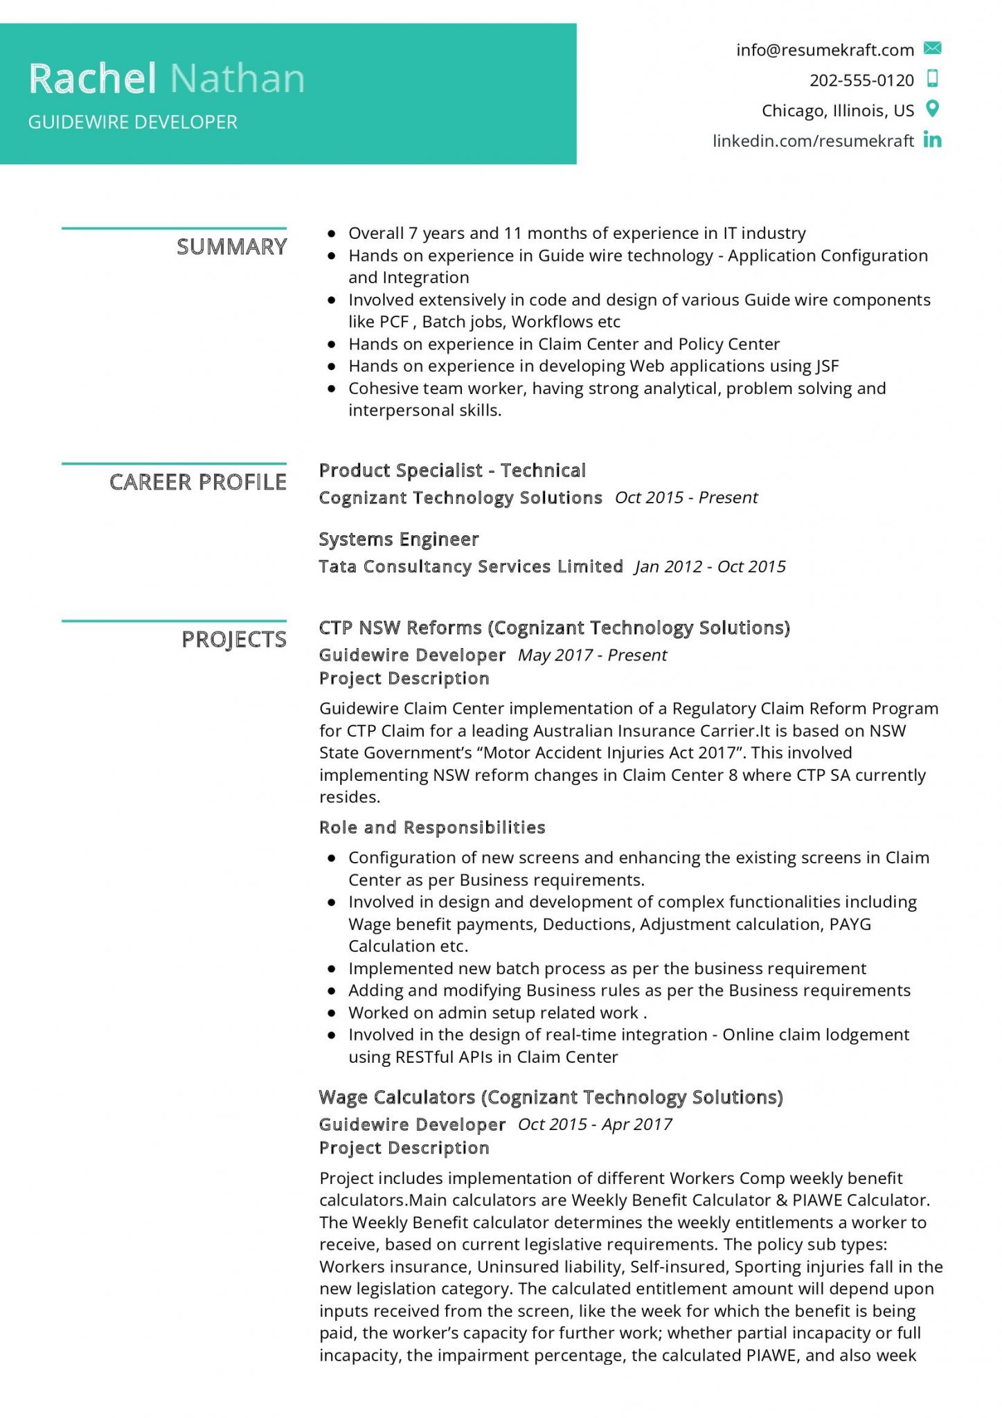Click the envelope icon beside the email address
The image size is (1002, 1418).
pyautogui.click(x=932, y=48)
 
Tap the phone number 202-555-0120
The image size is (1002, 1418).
pyautogui.click(x=861, y=80)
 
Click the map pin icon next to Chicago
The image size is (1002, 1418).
pyautogui.click(x=933, y=109)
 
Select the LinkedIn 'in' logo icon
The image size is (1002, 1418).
pyautogui.click(x=932, y=140)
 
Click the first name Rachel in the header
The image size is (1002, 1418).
pyautogui.click(x=92, y=78)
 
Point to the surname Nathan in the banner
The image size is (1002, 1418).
pyautogui.click(x=237, y=78)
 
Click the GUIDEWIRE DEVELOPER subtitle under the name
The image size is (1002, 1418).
pyautogui.click(x=132, y=122)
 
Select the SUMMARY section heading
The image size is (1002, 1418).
pyautogui.click(x=231, y=246)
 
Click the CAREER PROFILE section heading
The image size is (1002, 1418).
pyautogui.click(x=197, y=482)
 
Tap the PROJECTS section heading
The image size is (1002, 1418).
pyautogui.click(x=233, y=639)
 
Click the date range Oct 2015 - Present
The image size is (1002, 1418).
pyautogui.click(x=686, y=497)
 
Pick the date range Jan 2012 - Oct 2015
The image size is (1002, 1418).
pyautogui.click(x=710, y=566)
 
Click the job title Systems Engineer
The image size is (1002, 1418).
pyautogui.click(x=398, y=539)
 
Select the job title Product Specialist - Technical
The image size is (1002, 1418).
pyautogui.click(x=451, y=470)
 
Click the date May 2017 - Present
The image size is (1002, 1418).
pyautogui.click(x=592, y=655)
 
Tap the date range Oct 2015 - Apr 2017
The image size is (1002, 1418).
pyautogui.click(x=594, y=1124)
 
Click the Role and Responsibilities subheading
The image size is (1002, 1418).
pyautogui.click(x=431, y=827)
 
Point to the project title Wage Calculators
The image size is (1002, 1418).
pyautogui.click(x=396, y=1097)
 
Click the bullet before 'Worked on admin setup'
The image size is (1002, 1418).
pyautogui.click(x=332, y=1013)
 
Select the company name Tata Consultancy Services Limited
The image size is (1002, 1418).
pyautogui.click(x=470, y=566)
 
